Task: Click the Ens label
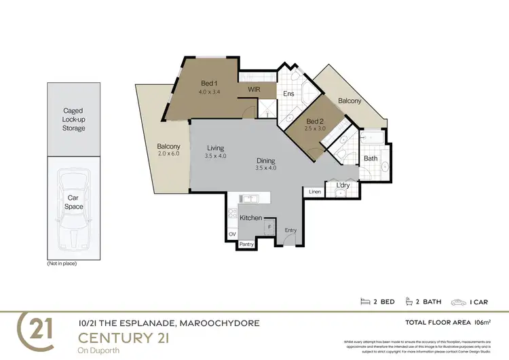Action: pos(288,94)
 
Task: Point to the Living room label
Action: pos(216,148)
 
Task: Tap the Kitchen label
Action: pos(250,217)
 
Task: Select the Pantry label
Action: pos(246,243)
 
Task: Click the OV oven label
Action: pos(233,234)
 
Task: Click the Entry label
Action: pos(290,230)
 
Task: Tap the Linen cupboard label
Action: pos(314,192)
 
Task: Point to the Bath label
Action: pos(370,158)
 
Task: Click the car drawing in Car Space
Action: pos(73,209)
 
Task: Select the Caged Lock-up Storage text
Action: pos(73,120)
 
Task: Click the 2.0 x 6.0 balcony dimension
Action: pos(169,154)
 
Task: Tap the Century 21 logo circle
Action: pos(39,329)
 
